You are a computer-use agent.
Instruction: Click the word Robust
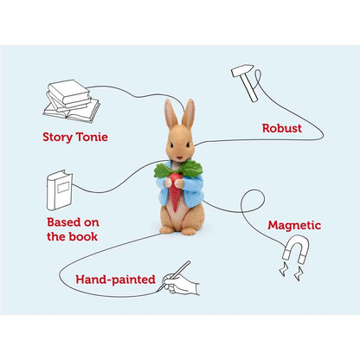282,128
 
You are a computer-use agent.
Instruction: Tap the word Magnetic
294,225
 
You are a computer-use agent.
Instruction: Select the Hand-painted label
115,280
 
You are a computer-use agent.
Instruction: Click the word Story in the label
58,138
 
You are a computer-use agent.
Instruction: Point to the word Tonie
92,137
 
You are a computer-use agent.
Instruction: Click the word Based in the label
64,222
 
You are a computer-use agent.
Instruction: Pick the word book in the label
84,236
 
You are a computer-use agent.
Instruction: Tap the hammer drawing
246,82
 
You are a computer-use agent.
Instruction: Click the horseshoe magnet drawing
296,248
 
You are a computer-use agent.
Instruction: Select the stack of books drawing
71,101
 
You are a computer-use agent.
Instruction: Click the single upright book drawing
60,190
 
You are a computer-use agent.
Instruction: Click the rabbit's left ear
170,114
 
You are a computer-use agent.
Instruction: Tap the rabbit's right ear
189,113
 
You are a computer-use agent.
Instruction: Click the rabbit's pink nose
179,157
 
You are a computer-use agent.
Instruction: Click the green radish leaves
179,170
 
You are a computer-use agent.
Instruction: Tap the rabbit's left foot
166,230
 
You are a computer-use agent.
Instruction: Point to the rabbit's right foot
188,231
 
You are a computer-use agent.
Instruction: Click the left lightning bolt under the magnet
283,269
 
